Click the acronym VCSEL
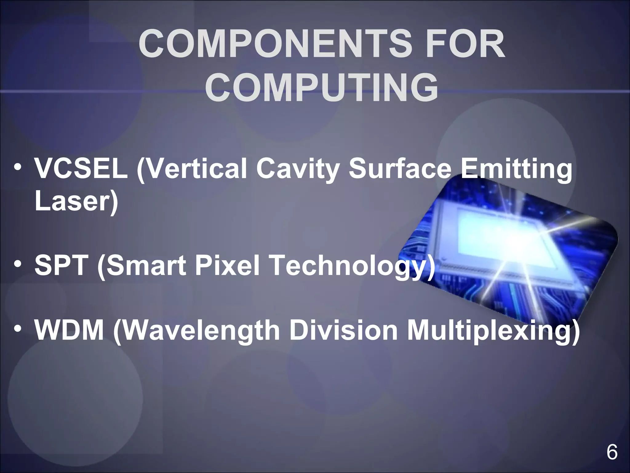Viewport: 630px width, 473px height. [81, 169]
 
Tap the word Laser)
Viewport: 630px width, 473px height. [76, 202]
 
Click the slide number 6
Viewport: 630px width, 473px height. [612, 452]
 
